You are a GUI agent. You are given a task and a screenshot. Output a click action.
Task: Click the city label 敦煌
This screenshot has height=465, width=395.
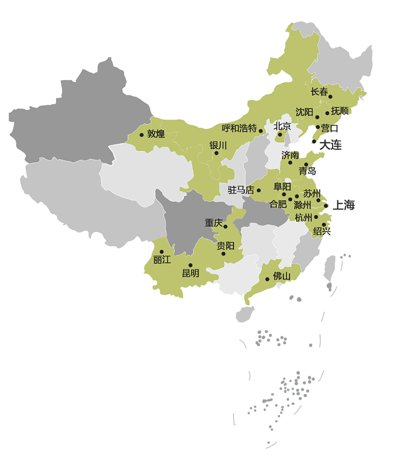(156, 134)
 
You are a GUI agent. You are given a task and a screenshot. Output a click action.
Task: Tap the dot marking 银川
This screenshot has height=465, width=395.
(216, 153)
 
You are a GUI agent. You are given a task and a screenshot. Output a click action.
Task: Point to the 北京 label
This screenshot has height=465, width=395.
(282, 126)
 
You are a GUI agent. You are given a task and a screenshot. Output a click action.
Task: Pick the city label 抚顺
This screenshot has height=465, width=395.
(340, 111)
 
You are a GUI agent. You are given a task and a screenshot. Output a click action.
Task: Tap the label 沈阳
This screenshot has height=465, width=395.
(304, 112)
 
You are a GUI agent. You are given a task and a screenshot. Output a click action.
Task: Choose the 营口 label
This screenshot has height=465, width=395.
(329, 128)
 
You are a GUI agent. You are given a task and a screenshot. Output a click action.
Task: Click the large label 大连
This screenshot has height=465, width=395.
(330, 145)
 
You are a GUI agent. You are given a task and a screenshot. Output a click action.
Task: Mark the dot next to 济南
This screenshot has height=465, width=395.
(290, 162)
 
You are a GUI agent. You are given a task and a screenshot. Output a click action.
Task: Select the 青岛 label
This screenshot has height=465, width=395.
(307, 171)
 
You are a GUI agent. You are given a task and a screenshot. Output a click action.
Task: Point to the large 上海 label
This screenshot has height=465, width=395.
(344, 205)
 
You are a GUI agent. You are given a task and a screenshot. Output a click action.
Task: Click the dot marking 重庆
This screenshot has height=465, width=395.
(225, 226)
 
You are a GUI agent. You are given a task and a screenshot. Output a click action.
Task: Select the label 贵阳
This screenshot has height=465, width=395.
(225, 246)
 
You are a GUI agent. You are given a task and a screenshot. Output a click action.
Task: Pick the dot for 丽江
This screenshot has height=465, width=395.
(161, 252)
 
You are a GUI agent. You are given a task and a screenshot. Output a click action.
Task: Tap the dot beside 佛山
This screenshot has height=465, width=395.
(267, 279)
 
